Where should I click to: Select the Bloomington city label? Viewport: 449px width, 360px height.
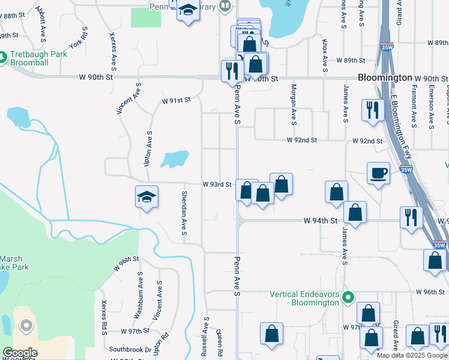(385, 78)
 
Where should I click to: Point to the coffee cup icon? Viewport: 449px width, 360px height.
(378, 173)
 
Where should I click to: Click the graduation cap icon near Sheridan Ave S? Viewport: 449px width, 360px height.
(146, 197)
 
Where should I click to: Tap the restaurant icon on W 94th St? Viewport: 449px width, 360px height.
(411, 217)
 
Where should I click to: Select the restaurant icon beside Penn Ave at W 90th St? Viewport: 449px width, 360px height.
(231, 71)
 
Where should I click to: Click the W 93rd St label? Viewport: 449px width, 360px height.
(217, 184)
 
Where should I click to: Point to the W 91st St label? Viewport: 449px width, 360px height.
(176, 100)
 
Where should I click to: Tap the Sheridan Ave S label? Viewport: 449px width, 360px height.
(184, 214)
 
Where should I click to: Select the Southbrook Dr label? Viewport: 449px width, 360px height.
(130, 349)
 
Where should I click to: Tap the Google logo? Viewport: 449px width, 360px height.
(19, 353)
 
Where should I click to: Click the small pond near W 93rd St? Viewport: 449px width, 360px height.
(175, 159)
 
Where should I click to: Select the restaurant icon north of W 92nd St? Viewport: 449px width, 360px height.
(372, 110)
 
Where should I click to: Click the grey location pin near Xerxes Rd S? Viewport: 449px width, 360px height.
(26, 326)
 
